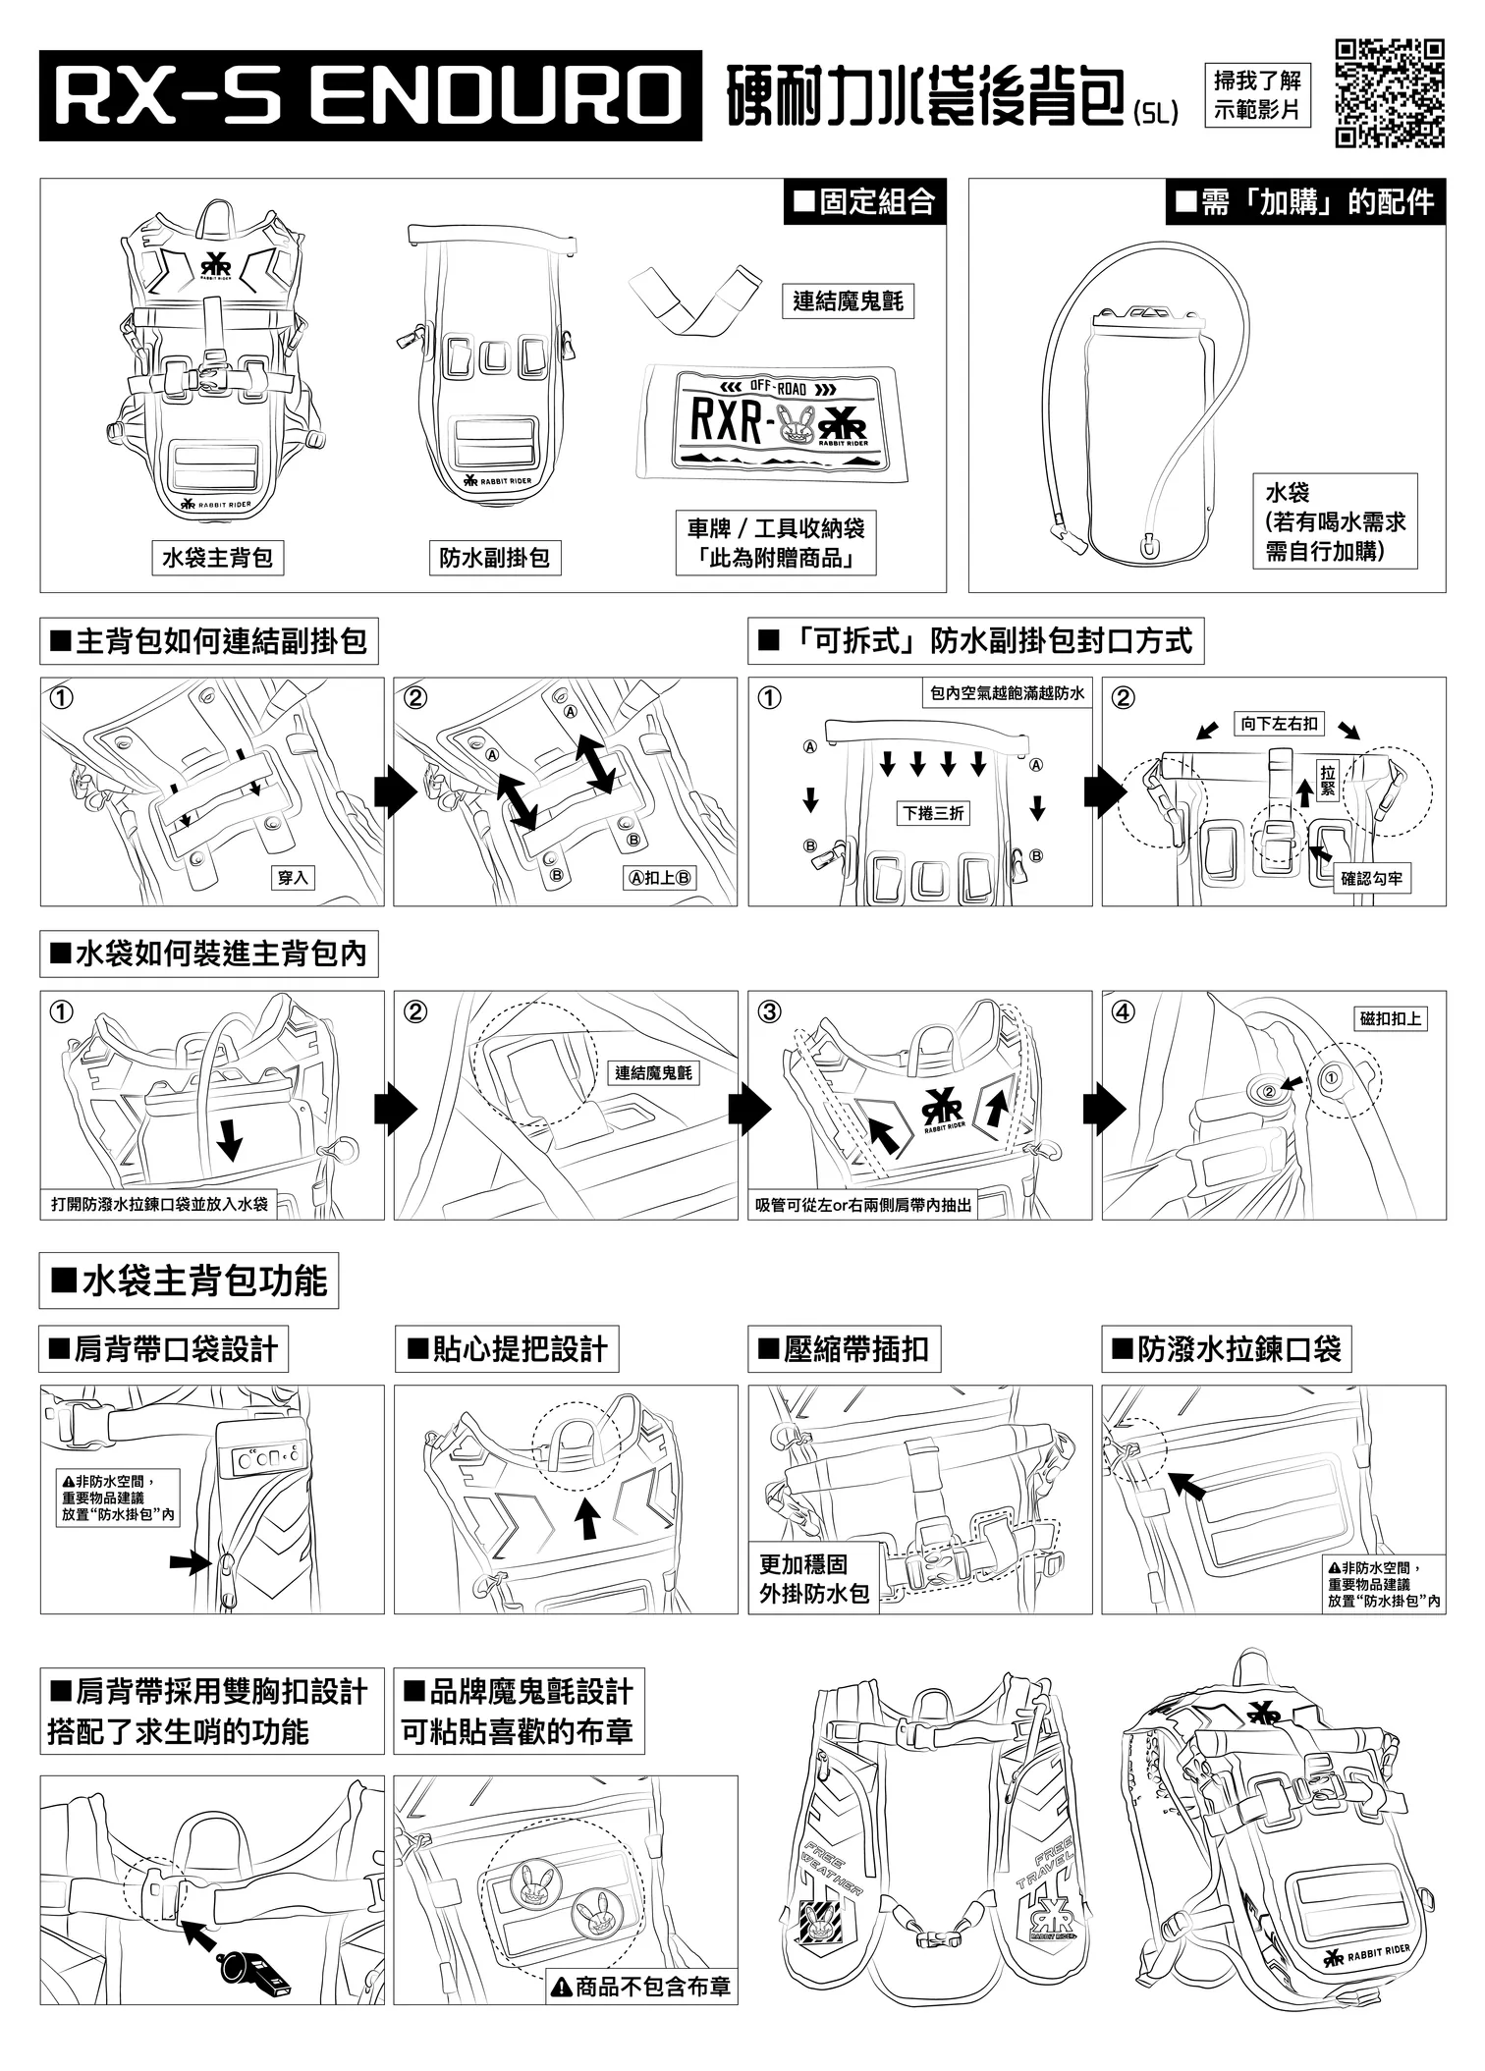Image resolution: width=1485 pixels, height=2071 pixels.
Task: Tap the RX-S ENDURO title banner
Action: [370, 95]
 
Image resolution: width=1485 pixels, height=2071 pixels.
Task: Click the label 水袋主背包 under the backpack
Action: [217, 558]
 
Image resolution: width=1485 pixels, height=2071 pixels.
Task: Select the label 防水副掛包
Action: [494, 558]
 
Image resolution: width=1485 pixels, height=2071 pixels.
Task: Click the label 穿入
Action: [293, 878]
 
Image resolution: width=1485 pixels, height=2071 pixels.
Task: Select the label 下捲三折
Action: [933, 813]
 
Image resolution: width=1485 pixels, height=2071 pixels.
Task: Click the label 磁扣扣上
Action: [1391, 1018]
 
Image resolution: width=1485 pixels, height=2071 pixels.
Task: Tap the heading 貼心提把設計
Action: [507, 1349]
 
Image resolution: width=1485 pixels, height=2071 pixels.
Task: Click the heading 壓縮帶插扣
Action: [844, 1349]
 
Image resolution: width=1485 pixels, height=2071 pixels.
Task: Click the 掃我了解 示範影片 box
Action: [1257, 95]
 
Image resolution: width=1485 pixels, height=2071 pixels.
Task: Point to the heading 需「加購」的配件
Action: [1305, 202]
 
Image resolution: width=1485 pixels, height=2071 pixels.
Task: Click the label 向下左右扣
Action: [1279, 724]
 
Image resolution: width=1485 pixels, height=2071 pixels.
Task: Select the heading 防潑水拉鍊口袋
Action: [1226, 1349]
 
